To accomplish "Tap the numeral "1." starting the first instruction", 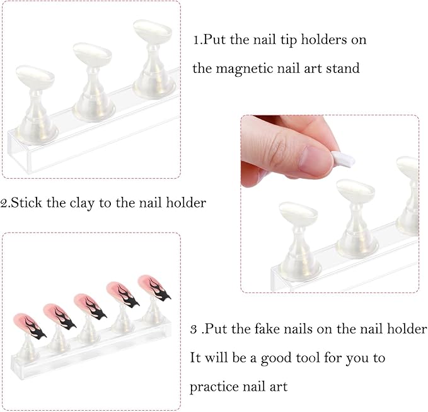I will [198, 40].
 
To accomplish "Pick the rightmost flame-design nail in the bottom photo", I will [153, 286].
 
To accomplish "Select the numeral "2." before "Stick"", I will [6, 203].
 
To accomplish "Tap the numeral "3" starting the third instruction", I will [194, 330].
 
